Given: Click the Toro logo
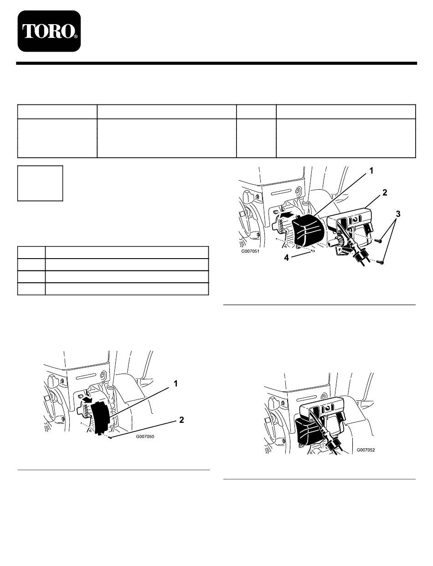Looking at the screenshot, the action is [49, 31].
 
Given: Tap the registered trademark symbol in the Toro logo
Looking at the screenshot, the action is [76, 37].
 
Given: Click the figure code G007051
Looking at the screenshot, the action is [250, 252].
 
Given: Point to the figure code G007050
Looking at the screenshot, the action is [145, 436].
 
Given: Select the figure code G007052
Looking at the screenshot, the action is [366, 450].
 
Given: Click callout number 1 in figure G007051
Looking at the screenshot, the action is [371, 171].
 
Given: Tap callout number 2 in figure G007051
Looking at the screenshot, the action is [385, 192].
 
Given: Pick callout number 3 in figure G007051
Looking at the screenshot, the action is [398, 214].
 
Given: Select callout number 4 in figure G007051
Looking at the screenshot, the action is [286, 258].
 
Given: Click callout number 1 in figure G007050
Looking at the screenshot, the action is [175, 384].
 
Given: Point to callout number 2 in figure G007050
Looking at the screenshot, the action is [181, 420].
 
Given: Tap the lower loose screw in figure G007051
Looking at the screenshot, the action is [381, 263].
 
